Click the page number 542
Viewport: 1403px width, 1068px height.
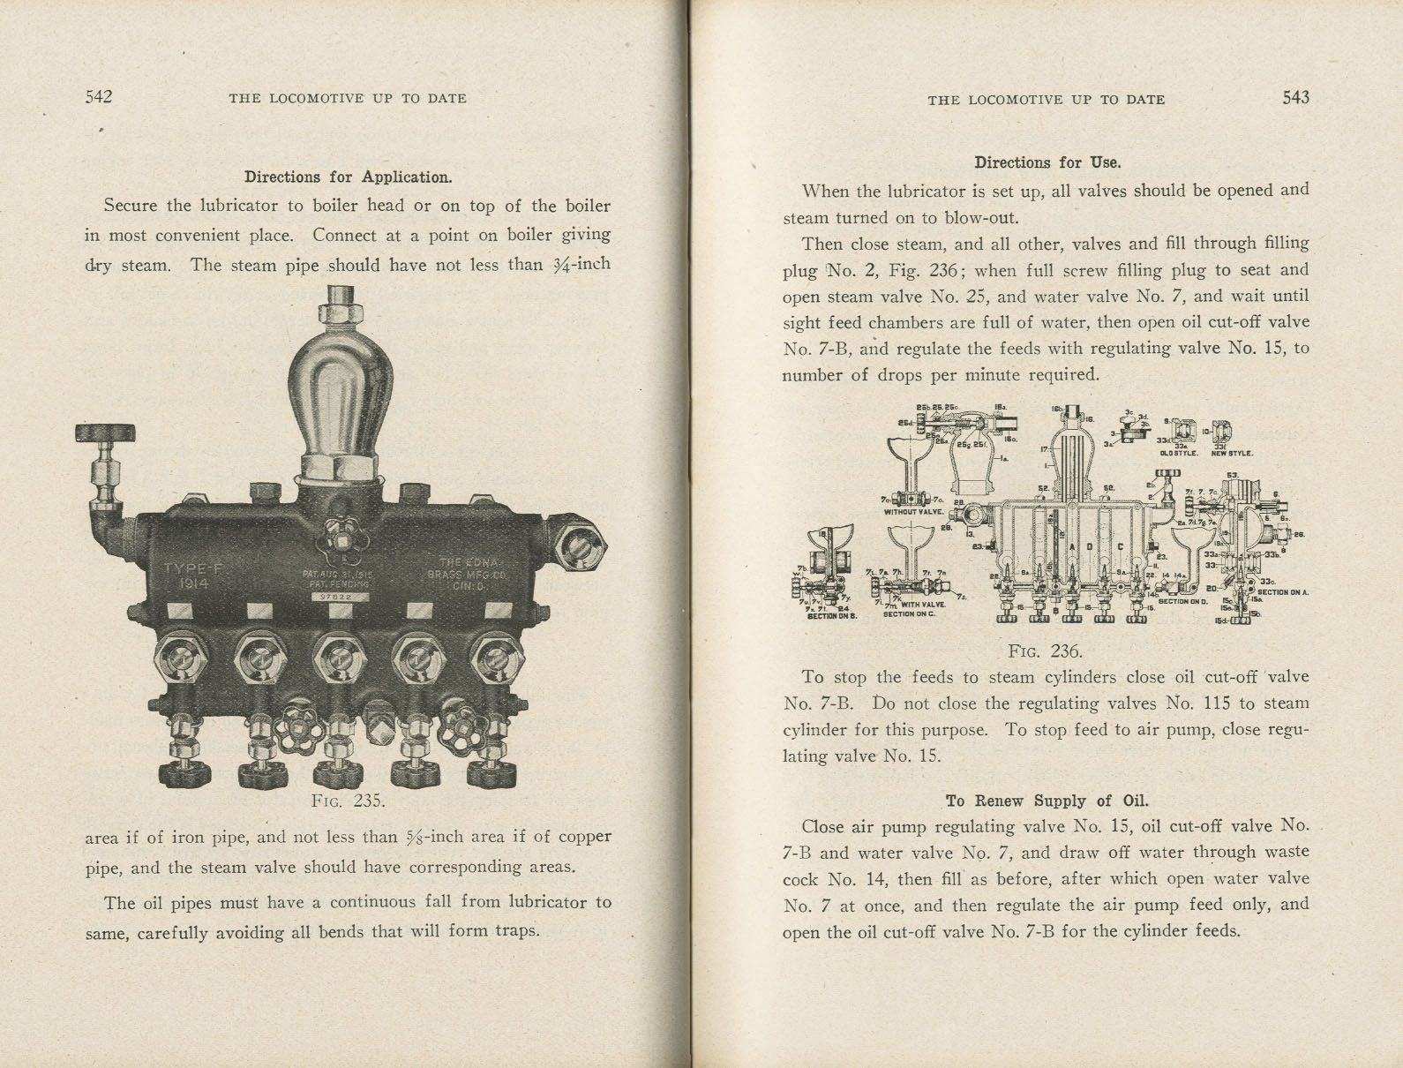(x=99, y=97)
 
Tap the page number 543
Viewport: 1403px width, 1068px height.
(x=1295, y=98)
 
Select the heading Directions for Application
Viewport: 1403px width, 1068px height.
(x=348, y=177)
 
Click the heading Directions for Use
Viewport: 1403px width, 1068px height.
(x=1047, y=162)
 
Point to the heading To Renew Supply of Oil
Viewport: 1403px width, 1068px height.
(x=1047, y=801)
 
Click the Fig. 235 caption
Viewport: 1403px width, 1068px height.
(x=349, y=801)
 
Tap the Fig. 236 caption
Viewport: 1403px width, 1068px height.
(x=1046, y=651)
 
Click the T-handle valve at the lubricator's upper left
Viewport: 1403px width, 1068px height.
(x=106, y=434)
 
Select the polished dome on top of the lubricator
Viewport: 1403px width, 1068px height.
(x=340, y=380)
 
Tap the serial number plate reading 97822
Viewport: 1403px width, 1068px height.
(x=339, y=597)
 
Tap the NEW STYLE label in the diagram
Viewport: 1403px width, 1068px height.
(x=1232, y=453)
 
